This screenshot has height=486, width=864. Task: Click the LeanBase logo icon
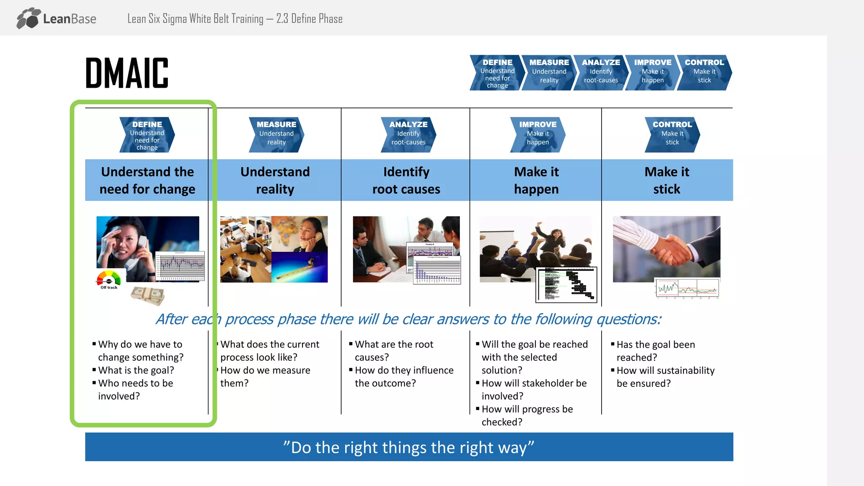pos(29,18)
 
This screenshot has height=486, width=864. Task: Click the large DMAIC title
pos(127,73)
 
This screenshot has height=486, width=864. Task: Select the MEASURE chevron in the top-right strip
pos(549,72)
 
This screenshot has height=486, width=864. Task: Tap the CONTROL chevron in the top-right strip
pos(704,72)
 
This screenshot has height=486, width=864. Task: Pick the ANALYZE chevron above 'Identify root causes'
pos(408,135)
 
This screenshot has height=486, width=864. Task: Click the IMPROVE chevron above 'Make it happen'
pos(537,135)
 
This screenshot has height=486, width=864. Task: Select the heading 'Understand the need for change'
pos(147,180)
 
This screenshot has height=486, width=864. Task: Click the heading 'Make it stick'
pos(667,180)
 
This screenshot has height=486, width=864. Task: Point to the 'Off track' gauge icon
pos(109,280)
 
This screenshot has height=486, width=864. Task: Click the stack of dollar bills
pos(148,295)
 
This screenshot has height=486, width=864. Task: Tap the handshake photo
pos(667,249)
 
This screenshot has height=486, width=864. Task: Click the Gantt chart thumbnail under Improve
pos(567,285)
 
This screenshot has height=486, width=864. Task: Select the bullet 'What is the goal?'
pos(136,370)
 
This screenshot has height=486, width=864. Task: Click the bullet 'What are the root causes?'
pos(394,351)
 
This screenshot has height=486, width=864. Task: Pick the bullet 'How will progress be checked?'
pos(527,416)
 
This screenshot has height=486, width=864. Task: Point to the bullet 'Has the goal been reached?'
pos(655,351)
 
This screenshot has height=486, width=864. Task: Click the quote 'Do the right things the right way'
pos(409,447)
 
